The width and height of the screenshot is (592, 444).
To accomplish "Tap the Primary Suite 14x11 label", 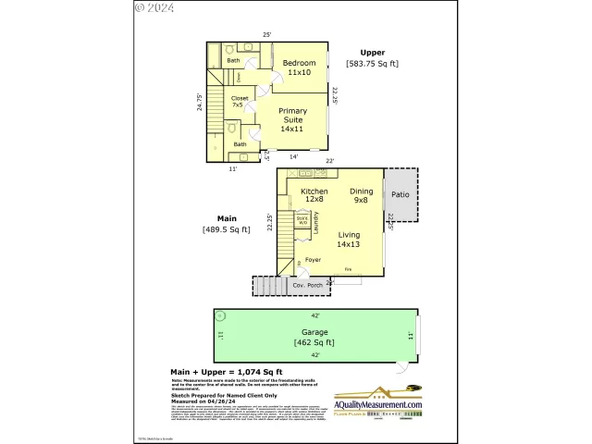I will click(292, 119).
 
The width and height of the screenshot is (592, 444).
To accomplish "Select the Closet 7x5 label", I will click(239, 101).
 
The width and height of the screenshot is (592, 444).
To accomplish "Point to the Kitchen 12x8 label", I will click(314, 195).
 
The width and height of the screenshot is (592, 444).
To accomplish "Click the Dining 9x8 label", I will click(360, 195).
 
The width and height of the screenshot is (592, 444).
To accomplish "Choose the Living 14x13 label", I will click(348, 240).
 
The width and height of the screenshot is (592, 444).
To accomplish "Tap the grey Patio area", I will click(400, 195).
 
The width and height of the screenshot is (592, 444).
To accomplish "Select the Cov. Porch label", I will click(306, 286).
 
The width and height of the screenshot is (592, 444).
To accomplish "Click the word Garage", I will click(314, 331).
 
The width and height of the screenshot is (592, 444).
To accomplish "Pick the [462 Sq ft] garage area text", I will click(314, 342).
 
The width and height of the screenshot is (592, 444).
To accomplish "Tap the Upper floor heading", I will click(373, 53).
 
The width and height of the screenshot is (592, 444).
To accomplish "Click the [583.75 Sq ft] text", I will click(373, 64).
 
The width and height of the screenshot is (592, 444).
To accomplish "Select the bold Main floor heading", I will click(227, 218).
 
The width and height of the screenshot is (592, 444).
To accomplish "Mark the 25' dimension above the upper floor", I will click(266, 35).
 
